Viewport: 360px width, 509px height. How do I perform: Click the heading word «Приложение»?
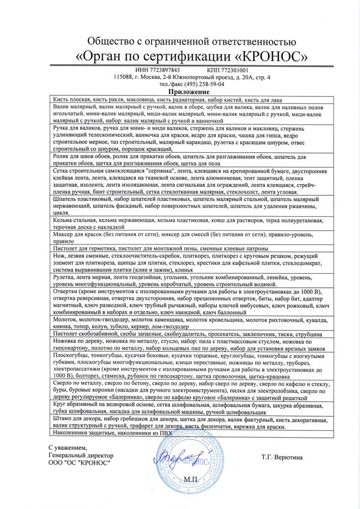point(188,92)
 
